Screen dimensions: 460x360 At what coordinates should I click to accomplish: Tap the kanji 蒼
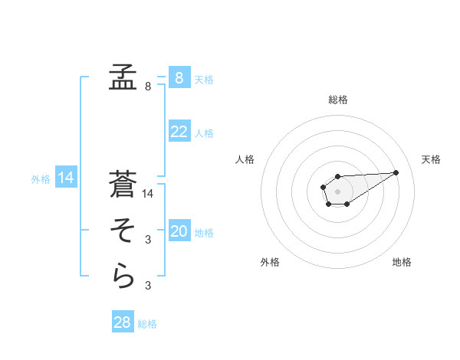coord(123,185)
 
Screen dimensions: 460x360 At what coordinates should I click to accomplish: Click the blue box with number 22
coord(179,132)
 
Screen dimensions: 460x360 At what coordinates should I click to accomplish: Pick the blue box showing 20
coord(179,231)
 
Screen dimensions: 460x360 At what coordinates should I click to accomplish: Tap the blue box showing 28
coord(123,322)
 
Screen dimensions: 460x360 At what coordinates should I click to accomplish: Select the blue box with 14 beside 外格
coord(66,178)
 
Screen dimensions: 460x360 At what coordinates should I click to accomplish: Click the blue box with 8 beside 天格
coord(179,78)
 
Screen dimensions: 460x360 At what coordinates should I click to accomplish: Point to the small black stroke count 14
coord(148,194)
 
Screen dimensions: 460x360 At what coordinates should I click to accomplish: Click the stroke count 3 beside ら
coord(148,286)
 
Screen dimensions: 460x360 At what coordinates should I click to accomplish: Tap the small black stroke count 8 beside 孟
coord(148,87)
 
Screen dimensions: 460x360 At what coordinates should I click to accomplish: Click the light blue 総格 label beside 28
coord(147,324)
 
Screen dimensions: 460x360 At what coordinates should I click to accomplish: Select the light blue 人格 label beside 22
coord(204,133)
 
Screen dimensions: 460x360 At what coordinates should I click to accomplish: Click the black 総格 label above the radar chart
coord(338,100)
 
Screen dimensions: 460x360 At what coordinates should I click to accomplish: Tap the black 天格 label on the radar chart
coord(432,159)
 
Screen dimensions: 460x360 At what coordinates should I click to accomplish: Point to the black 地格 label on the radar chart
coord(402,262)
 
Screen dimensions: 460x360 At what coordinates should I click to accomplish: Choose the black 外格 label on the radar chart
coord(270,262)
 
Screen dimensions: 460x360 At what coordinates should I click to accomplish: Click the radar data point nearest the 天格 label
coord(396,172)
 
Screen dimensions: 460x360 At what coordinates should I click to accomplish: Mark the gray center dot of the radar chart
coord(337,190)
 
